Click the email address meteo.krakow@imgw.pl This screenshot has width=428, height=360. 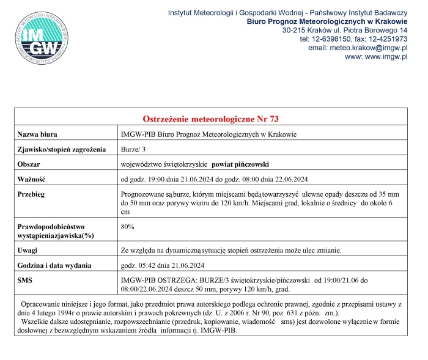pos(372,47)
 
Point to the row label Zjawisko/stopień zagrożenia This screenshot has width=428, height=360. pos(61,149)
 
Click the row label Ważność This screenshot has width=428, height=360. pos(32,179)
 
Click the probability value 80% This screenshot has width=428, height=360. pos(128,227)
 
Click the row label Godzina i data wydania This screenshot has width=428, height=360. pos(54,265)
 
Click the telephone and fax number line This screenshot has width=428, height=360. pos(353,39)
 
